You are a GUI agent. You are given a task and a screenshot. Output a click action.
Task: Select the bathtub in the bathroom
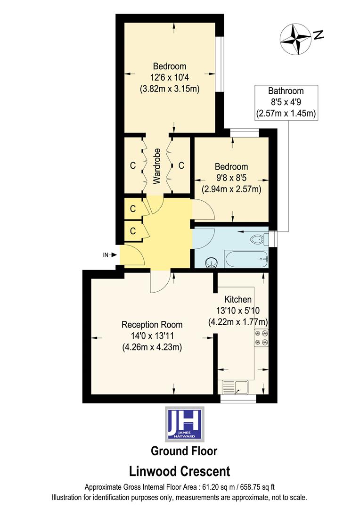pyautogui.click(x=247, y=258)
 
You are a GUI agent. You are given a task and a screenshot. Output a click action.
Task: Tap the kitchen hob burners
pyautogui.click(x=262, y=338)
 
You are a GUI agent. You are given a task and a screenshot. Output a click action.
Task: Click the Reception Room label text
pyautogui.click(x=152, y=325)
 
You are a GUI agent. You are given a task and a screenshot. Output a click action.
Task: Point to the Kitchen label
pyautogui.click(x=237, y=300)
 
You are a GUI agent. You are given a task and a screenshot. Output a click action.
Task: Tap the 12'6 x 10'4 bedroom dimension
pyautogui.click(x=169, y=77)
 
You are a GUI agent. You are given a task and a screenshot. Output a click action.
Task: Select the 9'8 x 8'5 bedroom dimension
pyautogui.click(x=231, y=178)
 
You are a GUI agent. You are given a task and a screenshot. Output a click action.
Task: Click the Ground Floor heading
pyautogui.click(x=184, y=451)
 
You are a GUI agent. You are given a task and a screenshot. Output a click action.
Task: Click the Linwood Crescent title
pyautogui.click(x=180, y=471)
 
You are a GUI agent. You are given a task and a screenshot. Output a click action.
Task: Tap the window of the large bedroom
pyautogui.click(x=219, y=64)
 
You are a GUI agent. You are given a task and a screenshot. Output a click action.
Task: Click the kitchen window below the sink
pyautogui.click(x=238, y=399)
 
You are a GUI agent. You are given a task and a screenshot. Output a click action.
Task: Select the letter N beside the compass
pyautogui.click(x=319, y=34)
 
